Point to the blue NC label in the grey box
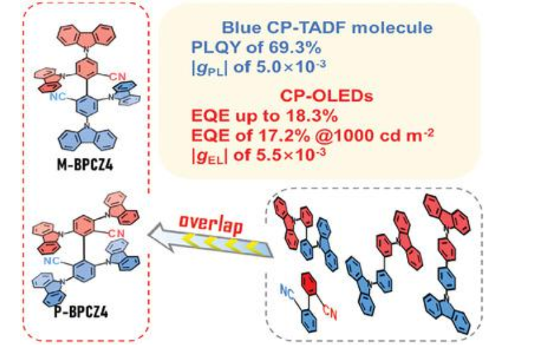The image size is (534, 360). coord(289,289)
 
